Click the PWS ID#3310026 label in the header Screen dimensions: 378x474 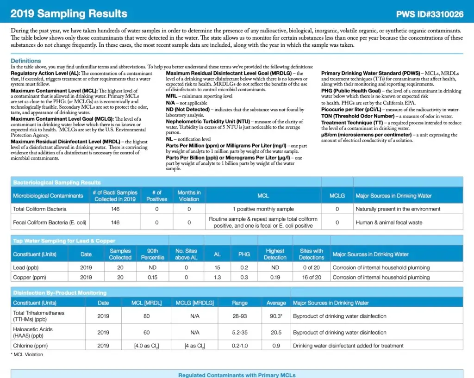(430, 14)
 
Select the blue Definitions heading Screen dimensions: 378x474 (26, 61)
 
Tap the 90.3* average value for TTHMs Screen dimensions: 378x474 (276, 316)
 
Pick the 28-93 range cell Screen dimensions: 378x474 (240, 316)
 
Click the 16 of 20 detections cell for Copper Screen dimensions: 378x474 (312, 277)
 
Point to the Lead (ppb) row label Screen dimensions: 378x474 (26, 267)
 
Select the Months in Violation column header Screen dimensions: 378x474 (189, 196)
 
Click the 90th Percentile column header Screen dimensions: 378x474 (152, 254)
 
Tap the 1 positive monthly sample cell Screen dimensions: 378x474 (263, 209)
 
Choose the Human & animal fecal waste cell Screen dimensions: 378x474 (389, 223)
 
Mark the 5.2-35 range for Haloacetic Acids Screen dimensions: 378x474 (240, 333)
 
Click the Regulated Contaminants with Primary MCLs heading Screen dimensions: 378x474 (237, 375)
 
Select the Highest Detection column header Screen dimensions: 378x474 (275, 254)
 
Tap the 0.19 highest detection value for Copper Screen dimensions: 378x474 (275, 277)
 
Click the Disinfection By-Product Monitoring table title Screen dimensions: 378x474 (59, 292)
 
